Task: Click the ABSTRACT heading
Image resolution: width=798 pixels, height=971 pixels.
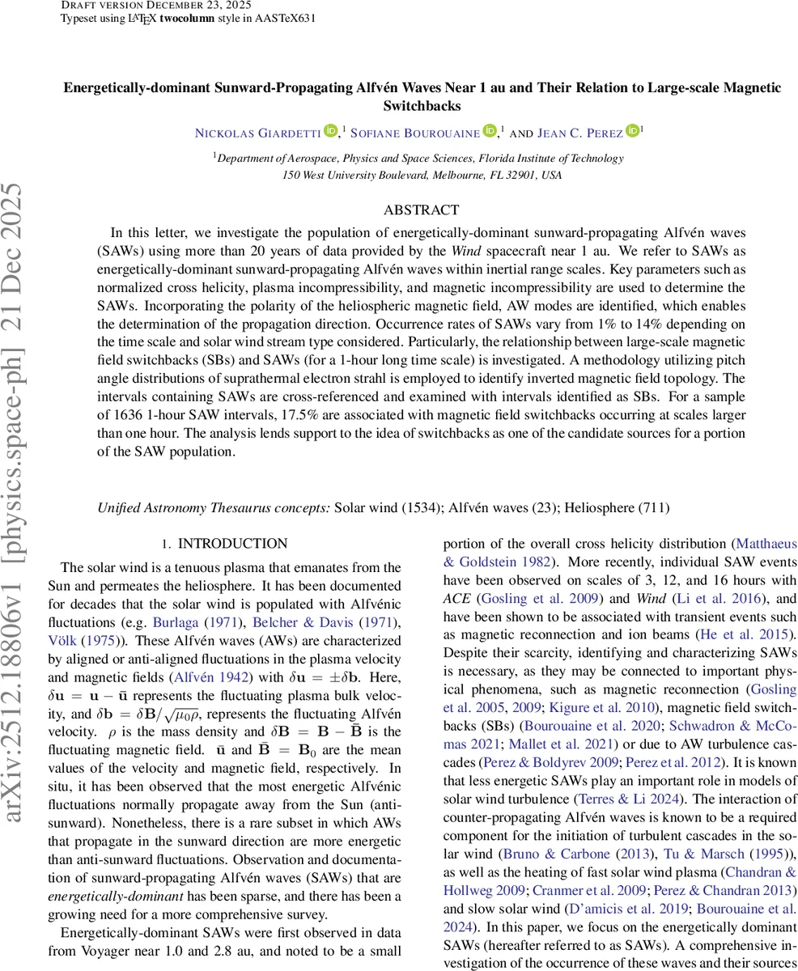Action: coord(421,210)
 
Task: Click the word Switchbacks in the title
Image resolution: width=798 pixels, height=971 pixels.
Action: coord(421,106)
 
